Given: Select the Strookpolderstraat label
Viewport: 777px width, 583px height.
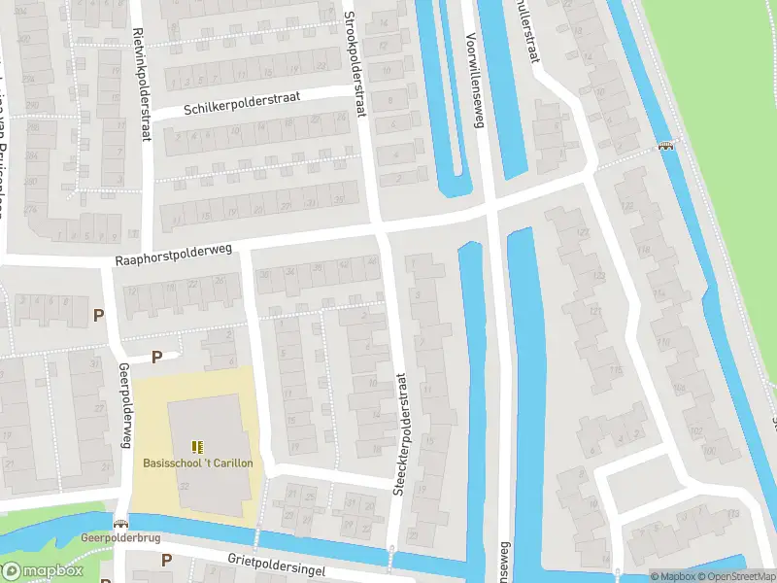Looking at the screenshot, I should (x=356, y=66).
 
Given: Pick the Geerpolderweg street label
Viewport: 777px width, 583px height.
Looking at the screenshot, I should (x=124, y=406).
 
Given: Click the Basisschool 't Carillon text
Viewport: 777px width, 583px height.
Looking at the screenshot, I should (x=198, y=463).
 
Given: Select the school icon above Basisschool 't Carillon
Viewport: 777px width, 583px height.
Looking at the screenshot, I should (x=198, y=447).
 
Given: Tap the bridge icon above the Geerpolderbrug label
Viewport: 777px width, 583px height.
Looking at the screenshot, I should (x=120, y=523).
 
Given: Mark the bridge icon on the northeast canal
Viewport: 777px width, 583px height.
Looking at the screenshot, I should (x=666, y=147).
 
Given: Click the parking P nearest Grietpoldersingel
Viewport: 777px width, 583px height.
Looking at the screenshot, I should (x=166, y=560).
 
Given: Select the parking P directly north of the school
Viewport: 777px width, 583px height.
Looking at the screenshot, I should (x=156, y=357).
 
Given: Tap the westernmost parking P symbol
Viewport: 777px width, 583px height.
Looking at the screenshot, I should (x=97, y=315).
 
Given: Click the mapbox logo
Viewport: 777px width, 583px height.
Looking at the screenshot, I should (x=41, y=571).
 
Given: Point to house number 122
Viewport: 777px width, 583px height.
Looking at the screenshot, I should (x=586, y=312).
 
